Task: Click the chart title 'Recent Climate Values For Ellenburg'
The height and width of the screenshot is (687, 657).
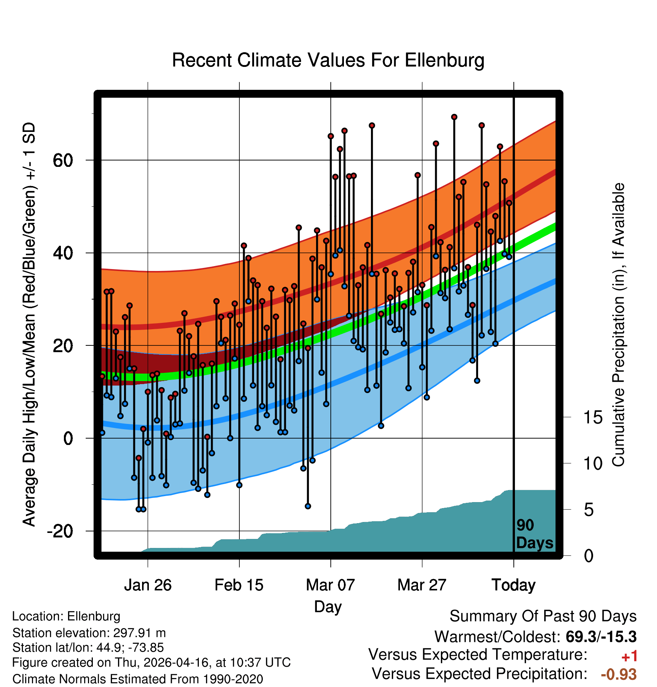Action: tap(328, 60)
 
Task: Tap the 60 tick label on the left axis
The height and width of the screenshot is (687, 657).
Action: tap(63, 160)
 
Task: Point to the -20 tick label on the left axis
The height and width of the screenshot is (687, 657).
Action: tap(60, 531)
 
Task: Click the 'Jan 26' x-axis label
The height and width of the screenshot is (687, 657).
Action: tap(148, 585)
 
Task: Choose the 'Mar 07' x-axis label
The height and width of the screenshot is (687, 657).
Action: tap(330, 585)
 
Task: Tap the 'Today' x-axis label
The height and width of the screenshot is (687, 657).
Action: tap(513, 585)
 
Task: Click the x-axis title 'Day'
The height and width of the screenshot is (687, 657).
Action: tap(328, 607)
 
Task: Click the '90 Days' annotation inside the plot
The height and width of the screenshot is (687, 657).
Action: tap(534, 534)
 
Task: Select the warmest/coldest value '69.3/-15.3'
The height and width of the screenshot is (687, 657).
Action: tap(601, 637)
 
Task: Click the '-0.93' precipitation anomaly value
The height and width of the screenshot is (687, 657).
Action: tap(619, 674)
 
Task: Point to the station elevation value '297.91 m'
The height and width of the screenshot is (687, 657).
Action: tap(139, 633)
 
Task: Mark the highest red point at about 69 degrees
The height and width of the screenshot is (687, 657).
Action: tap(454, 117)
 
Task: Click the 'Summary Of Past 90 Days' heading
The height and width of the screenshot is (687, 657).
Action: tap(543, 616)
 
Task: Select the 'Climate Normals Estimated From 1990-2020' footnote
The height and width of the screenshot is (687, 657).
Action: tap(138, 679)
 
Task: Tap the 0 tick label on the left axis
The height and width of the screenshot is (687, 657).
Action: tap(68, 438)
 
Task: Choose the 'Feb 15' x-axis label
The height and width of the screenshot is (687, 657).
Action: tap(239, 585)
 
